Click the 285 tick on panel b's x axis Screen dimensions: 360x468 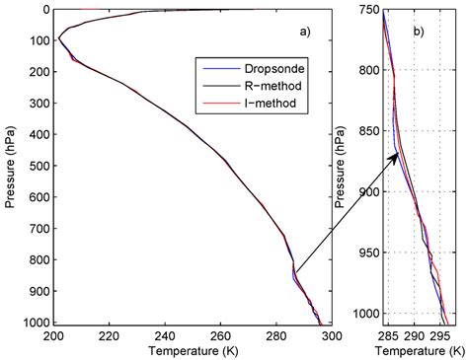(x=387, y=335)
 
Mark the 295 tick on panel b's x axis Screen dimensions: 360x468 (x=440, y=335)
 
